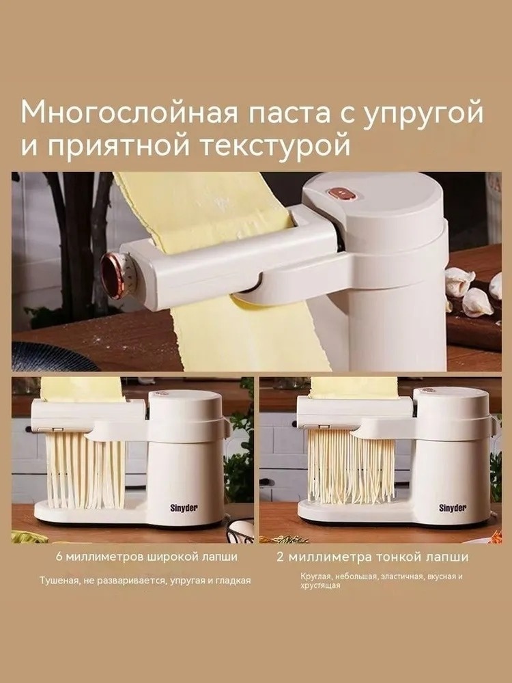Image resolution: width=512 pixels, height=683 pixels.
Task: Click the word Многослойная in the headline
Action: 129,113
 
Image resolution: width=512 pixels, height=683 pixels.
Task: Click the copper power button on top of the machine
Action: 344,193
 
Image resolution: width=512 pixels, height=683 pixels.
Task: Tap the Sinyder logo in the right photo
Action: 453,508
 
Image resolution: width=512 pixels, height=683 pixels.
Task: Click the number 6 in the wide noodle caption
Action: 59,557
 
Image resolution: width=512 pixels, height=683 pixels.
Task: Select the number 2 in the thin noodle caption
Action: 280,557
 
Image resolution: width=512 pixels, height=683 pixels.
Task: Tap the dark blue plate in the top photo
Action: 48,357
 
